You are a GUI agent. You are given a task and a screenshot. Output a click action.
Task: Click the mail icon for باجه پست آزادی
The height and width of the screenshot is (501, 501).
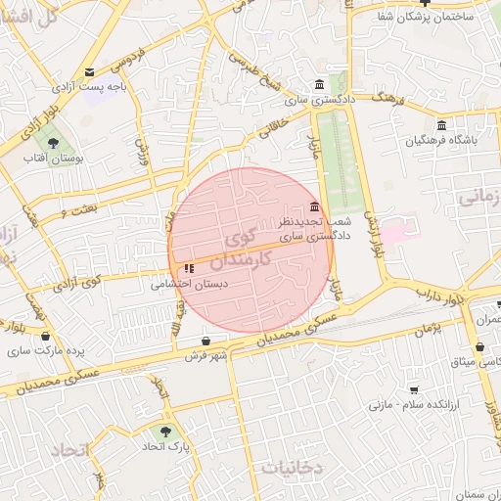pos(90,72)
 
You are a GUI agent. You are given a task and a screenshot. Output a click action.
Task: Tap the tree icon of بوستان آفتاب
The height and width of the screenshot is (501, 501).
pos(67,144)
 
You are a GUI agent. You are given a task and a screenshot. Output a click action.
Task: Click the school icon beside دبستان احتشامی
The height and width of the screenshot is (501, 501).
pos(189,267)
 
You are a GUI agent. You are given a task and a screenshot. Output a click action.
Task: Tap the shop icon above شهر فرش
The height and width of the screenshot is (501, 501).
pos(205,341)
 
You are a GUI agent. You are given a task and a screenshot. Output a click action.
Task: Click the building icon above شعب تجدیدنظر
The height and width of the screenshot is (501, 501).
pos(314,206)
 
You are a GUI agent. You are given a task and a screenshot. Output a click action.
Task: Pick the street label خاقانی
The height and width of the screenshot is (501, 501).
pos(274,123)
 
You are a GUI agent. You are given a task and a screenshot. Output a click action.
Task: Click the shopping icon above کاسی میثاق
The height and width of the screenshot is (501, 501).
pos(479,347)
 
